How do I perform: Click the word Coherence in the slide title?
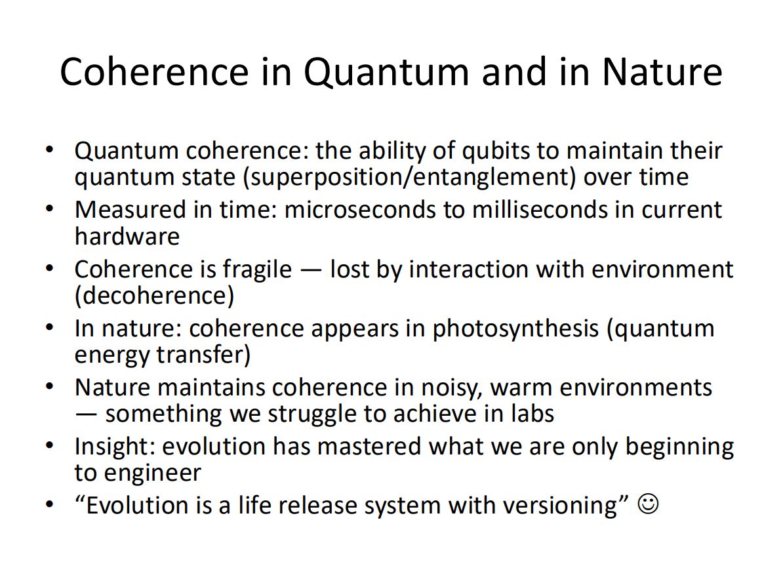point(154,72)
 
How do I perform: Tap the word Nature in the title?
point(662,72)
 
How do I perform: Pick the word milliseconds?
point(540,210)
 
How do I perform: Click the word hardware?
point(127,236)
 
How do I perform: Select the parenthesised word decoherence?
point(154,296)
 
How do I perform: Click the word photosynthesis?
point(515,329)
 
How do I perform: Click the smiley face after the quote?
point(648,504)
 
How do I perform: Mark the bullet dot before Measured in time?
point(49,209)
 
